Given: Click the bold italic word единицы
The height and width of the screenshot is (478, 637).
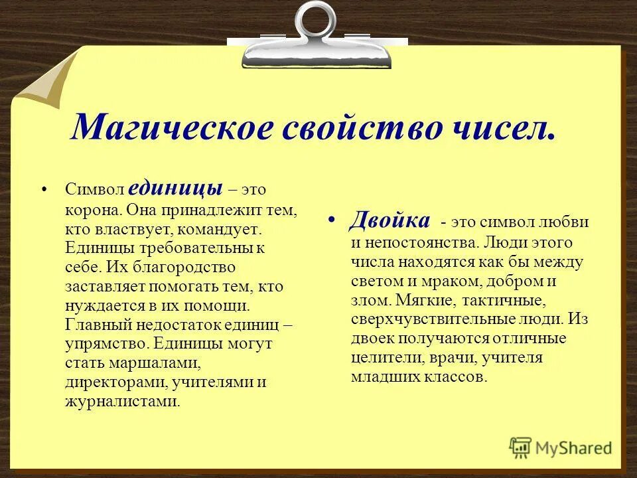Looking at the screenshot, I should pyautogui.click(x=180, y=188).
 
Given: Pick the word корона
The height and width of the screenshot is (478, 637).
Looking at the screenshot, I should pyautogui.click(x=90, y=209).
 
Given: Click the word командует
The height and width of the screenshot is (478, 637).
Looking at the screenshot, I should pyautogui.click(x=225, y=229).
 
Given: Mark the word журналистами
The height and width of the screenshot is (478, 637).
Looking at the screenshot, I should pyautogui.click(x=122, y=402).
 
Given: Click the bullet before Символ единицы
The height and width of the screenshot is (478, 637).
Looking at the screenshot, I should pyautogui.click(x=45, y=189).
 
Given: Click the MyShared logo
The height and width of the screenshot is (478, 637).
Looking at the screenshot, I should pyautogui.click(x=561, y=447).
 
